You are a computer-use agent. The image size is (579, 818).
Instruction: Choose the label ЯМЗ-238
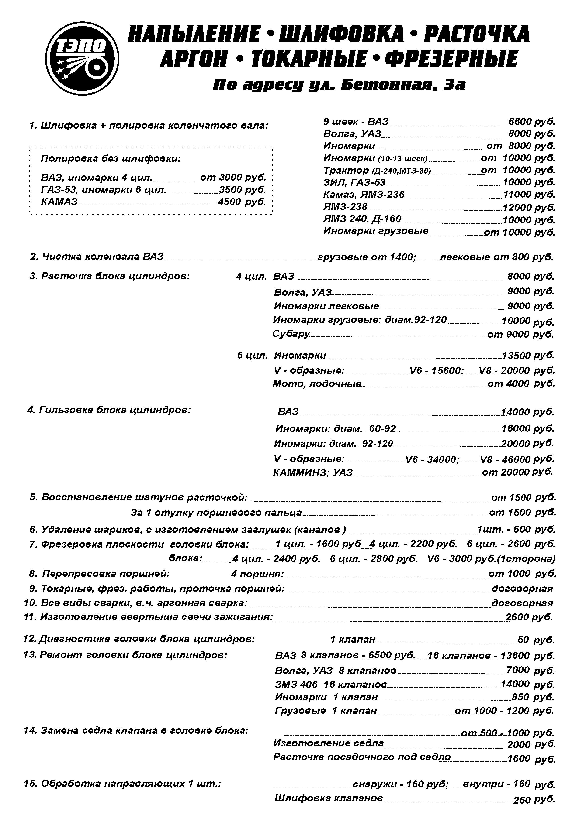tap(345, 207)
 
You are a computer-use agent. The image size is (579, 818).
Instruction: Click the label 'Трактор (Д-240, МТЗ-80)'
tap(377, 170)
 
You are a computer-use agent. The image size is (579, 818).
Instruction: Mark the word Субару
tap(291, 334)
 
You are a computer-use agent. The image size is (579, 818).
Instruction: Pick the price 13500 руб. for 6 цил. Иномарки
tap(528, 355)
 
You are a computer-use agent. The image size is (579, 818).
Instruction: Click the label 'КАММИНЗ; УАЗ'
tap(313, 472)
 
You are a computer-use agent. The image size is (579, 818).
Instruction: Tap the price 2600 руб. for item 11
tap(529, 617)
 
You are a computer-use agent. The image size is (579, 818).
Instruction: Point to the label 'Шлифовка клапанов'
tap(329, 798)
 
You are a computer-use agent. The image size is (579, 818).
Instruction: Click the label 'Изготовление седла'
tap(328, 743)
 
